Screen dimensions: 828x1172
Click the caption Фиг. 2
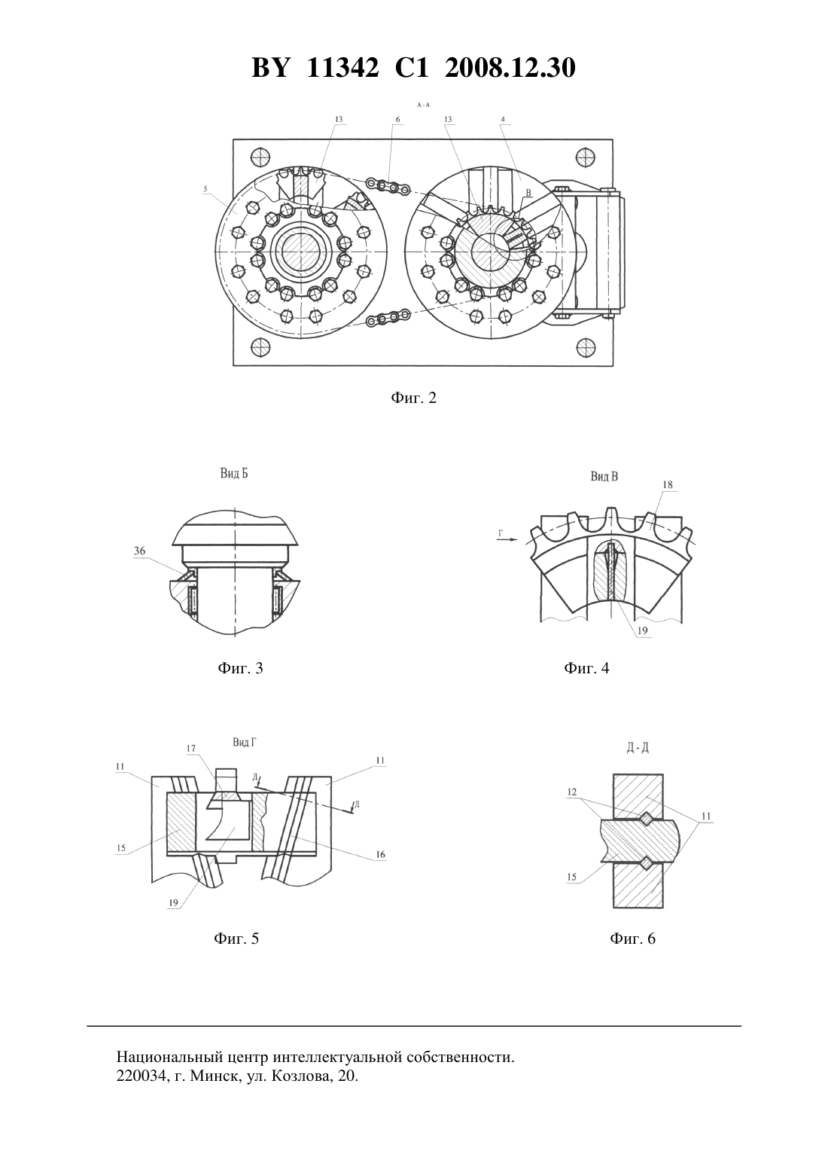pos(413,398)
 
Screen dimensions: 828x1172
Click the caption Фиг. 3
pos(240,668)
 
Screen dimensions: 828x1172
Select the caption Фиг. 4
pos(586,668)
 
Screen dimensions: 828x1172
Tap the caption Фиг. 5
pos(236,938)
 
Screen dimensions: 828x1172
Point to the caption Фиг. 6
pos(632,938)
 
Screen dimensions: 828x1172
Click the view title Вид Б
pos(234,474)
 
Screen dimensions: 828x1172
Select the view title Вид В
pos(604,476)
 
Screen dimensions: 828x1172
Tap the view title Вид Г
pos(245,742)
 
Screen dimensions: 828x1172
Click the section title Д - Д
pos(638,748)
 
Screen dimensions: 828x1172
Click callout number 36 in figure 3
pos(139,551)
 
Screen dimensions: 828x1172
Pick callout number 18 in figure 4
pos(668,484)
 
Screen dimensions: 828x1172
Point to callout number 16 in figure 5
pos(380,854)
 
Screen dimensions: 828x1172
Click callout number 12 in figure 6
pos(572,792)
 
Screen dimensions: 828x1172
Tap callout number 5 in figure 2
pos(205,188)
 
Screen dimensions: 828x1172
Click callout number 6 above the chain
pos(397,119)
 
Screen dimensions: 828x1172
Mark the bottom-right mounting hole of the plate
pos(586,346)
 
